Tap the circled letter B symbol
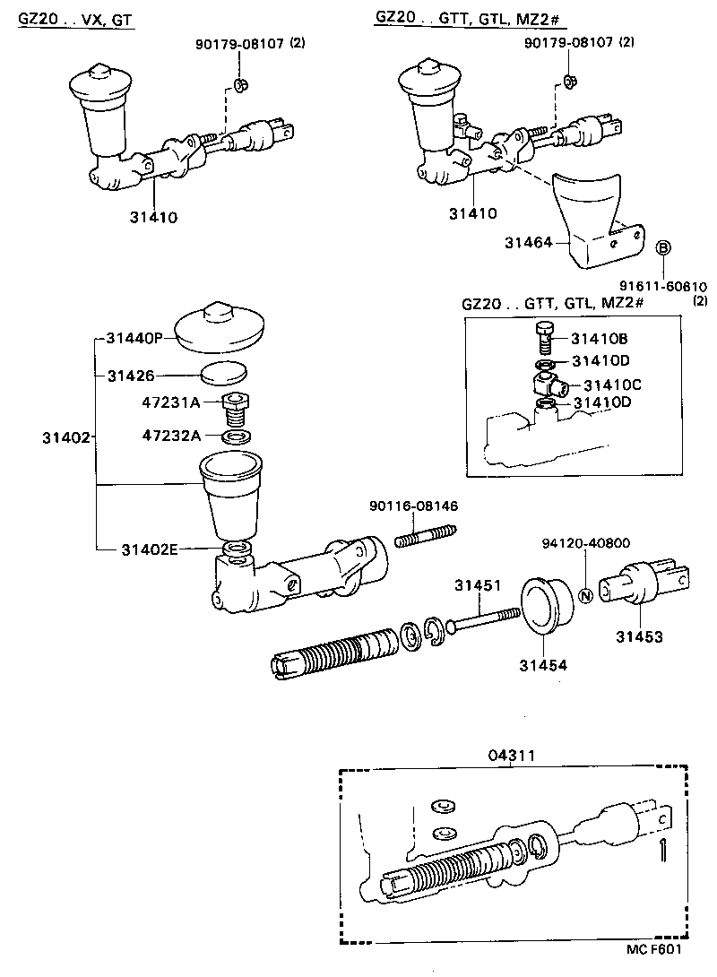pos(663,248)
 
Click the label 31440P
pos(134,339)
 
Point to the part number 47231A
pos(171,402)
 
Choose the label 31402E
pos(150,549)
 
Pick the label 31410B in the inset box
pos(600,338)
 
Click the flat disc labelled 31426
pos(224,375)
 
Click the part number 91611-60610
pos(663,287)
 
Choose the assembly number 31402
pos(66,437)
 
